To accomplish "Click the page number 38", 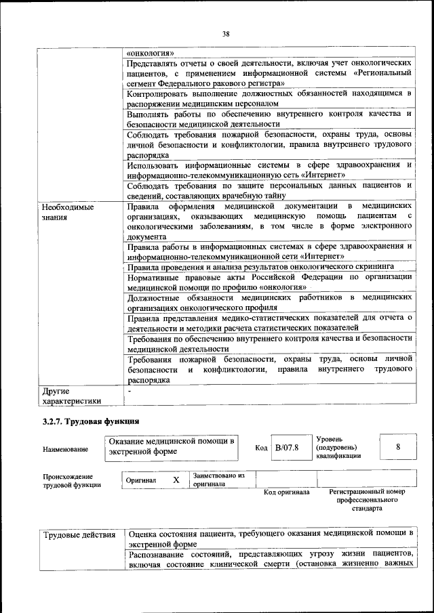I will (x=226, y=32).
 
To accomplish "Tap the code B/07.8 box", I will (x=287, y=447).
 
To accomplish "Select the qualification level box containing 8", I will (x=398, y=447).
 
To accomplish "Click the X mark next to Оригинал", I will (x=176, y=480).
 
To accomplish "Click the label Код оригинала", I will (x=286, y=492).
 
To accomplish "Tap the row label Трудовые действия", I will (x=80, y=536).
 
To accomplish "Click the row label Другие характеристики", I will (x=71, y=396).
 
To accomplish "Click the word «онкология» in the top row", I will (x=151, y=52).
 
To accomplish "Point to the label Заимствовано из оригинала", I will (x=218, y=480).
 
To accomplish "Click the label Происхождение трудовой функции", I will (x=72, y=480).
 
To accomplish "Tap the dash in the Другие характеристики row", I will (x=129, y=392).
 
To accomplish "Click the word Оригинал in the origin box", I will (x=141, y=480).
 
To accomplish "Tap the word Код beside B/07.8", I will (x=261, y=448).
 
